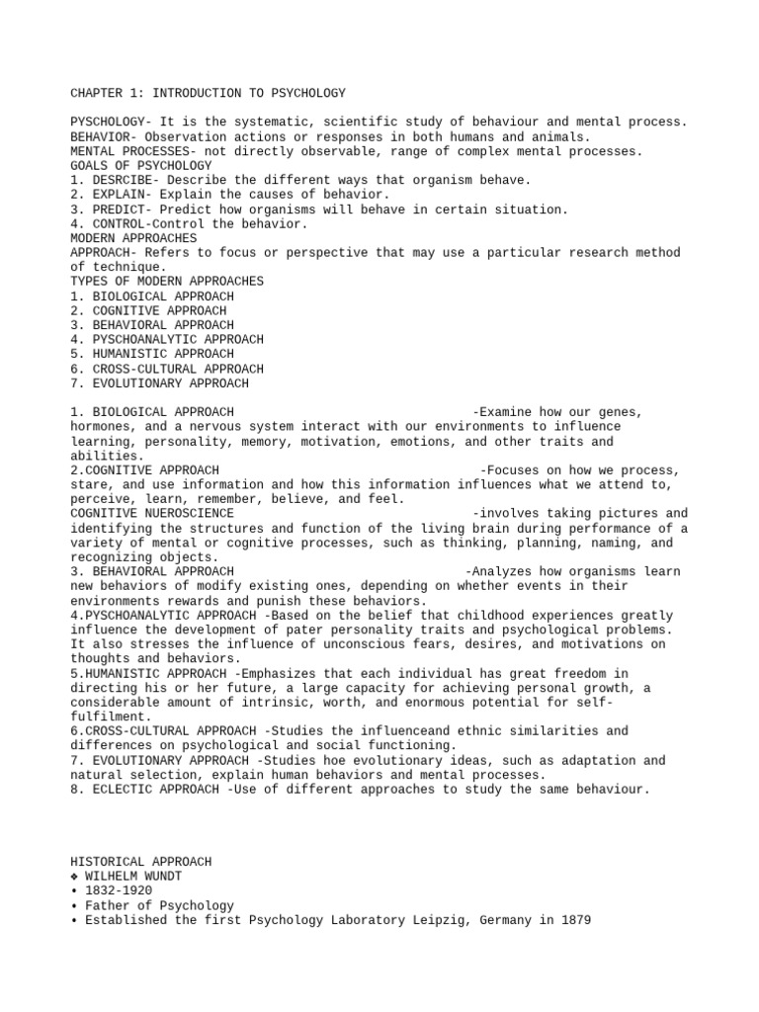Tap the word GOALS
pyautogui.click(x=89, y=165)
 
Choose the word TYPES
pyautogui.click(x=89, y=282)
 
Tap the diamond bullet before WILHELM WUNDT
pyautogui.click(x=75, y=877)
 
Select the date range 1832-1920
pyautogui.click(x=119, y=891)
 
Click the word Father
pyautogui.click(x=107, y=905)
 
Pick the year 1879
pyautogui.click(x=574, y=920)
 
